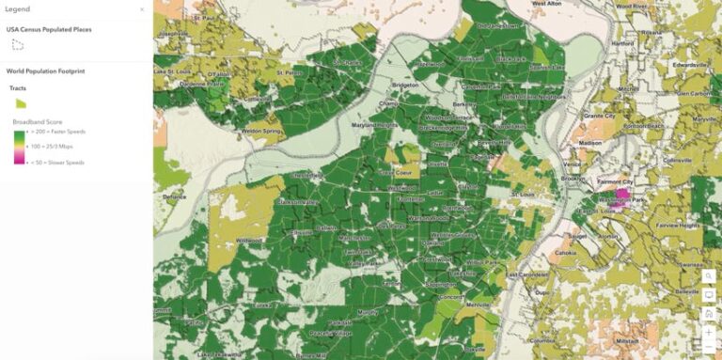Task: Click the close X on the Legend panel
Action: (142, 9)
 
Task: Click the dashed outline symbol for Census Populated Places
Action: (17, 44)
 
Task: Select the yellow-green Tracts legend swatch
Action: (20, 102)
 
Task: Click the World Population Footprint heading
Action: (45, 70)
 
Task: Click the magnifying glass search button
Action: (709, 276)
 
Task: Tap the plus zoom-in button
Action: (709, 332)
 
